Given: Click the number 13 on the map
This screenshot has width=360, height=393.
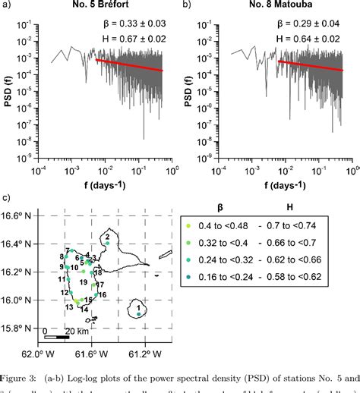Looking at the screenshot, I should point(69,307).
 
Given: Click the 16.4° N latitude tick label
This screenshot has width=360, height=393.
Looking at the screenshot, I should point(20,244).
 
